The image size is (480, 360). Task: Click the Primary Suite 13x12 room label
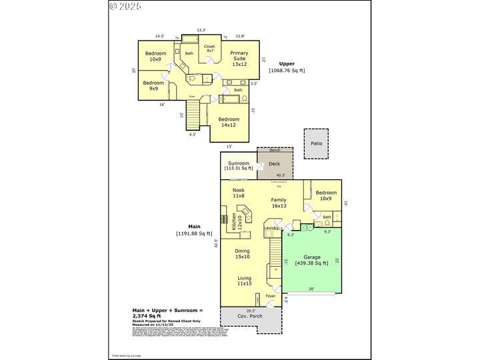[x=239, y=59]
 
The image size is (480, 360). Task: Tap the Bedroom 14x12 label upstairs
[x=229, y=122]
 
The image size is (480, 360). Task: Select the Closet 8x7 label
[x=210, y=49]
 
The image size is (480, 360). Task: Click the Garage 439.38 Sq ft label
[x=312, y=260]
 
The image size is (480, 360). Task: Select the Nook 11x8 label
[x=239, y=193]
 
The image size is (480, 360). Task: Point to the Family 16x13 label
[x=278, y=203]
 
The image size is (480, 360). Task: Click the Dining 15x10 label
[x=241, y=253]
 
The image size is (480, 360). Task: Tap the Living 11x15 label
[x=245, y=281]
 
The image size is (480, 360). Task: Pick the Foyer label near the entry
[x=270, y=296]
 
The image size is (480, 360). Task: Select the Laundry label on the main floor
[x=271, y=229]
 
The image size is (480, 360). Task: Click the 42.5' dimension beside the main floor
[x=216, y=244]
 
